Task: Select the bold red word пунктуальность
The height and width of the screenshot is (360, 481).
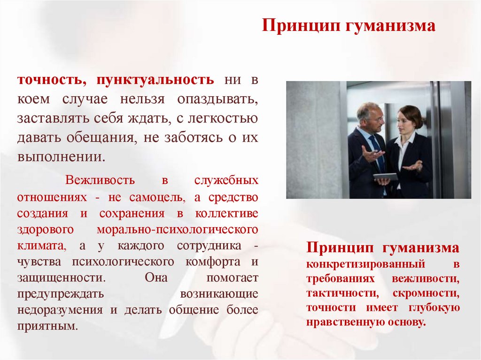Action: click(155, 80)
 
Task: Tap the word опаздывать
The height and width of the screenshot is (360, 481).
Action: click(217, 100)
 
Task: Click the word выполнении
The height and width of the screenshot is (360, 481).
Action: click(60, 156)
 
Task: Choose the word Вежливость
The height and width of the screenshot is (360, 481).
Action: click(101, 180)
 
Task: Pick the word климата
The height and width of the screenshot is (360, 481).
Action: click(40, 245)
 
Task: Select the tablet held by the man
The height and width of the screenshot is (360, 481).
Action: click(386, 176)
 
